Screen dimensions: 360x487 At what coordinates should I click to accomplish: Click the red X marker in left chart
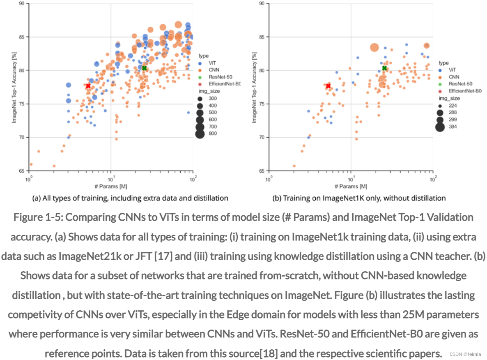88,86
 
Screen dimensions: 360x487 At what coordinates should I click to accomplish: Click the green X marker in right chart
384,68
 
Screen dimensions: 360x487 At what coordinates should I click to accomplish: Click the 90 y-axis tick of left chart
21,4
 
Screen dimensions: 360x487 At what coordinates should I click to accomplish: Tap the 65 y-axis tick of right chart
261,171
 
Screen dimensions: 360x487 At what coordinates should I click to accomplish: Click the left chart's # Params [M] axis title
110,186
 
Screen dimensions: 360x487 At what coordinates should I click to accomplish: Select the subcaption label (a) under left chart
36,198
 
